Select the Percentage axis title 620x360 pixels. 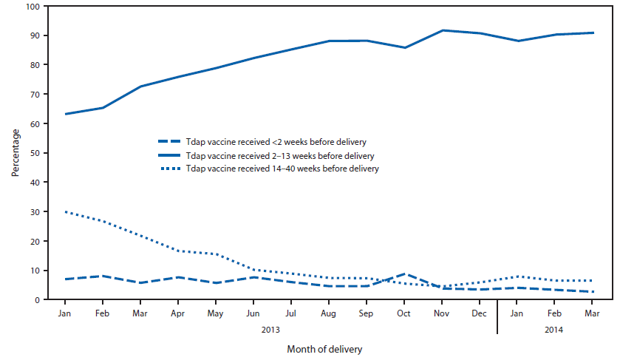tap(16, 153)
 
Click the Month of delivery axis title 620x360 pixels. tap(324, 347)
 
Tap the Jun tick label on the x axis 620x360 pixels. tap(253, 313)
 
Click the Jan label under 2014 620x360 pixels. tap(519, 313)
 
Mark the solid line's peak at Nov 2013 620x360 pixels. tap(443, 30)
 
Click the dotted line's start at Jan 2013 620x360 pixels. tap(65, 212)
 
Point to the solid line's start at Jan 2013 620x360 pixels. tap(65, 114)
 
